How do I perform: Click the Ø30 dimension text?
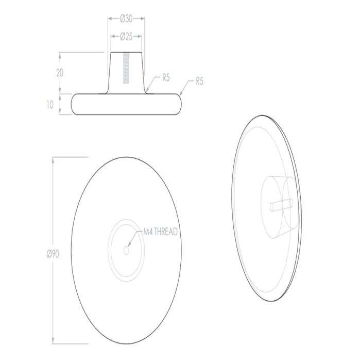click(x=126, y=19)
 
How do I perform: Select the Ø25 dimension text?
click(x=126, y=37)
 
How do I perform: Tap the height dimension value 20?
click(x=60, y=73)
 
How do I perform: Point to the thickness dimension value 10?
click(x=49, y=104)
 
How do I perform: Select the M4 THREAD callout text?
click(x=159, y=232)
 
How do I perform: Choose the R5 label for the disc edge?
click(x=199, y=81)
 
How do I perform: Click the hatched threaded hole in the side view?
click(x=126, y=69)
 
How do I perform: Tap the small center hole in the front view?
click(x=126, y=250)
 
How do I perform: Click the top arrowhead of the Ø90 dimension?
click(x=54, y=159)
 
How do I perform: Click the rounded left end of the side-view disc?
click(x=75, y=104)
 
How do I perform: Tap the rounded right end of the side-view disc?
click(x=180, y=104)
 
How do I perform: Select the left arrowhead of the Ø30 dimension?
click(x=109, y=19)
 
